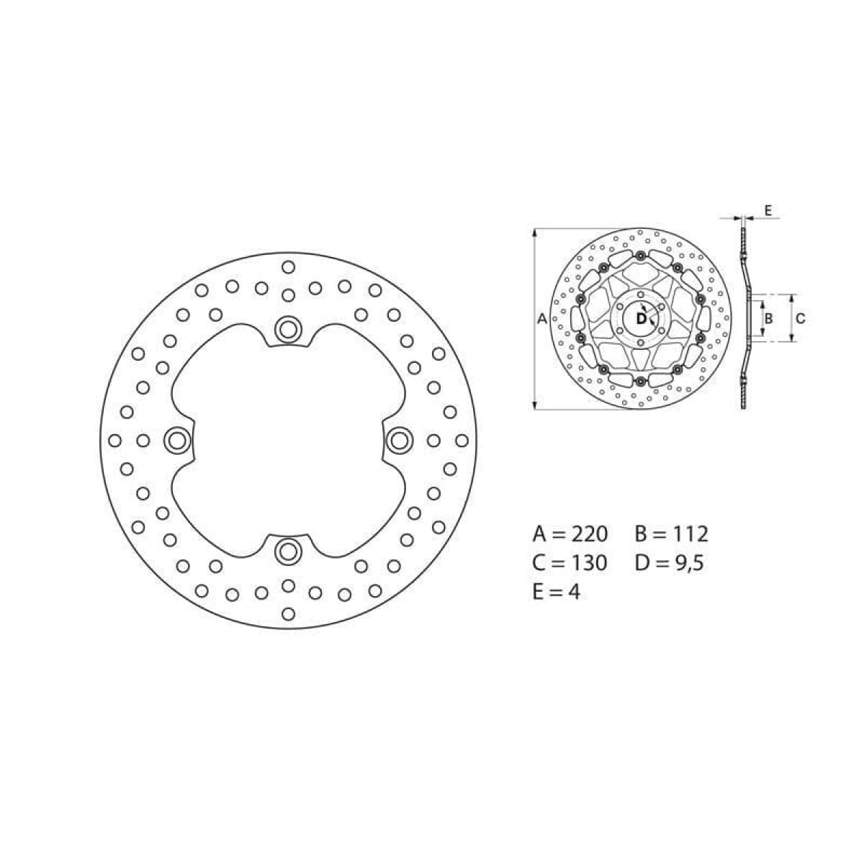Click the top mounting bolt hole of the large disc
click(288, 329)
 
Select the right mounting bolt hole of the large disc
click(400, 440)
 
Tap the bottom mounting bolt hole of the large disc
click(288, 552)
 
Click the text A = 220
click(570, 534)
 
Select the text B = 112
click(671, 534)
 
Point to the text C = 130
click(570, 562)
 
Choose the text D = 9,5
click(669, 562)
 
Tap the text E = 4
click(556, 592)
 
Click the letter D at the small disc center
click(641, 318)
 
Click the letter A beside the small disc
click(543, 318)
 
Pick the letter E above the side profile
click(768, 210)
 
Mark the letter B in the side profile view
click(769, 318)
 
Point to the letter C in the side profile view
click(800, 318)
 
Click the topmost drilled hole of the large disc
click(288, 267)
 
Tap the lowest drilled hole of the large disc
click(288, 613)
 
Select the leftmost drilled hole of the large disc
click(114, 440)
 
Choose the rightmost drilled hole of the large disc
click(462, 440)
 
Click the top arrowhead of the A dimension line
click(535, 233)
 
